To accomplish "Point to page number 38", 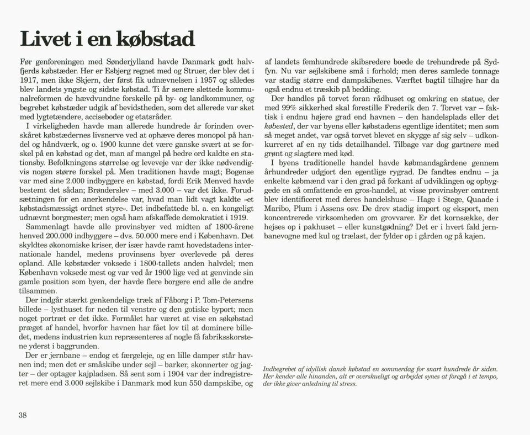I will pyautogui.click(x=23, y=416).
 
